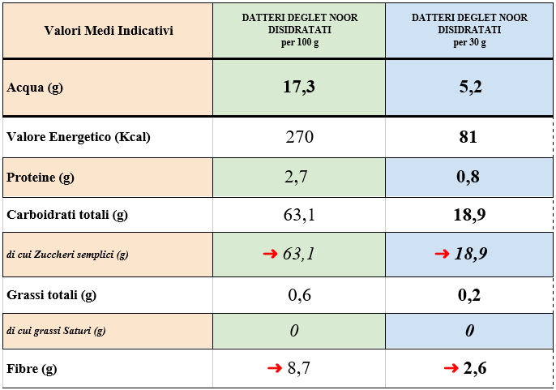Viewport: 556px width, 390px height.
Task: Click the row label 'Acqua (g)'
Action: (x=35, y=88)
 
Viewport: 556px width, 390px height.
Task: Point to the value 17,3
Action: (x=299, y=88)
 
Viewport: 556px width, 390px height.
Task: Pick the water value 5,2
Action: (x=470, y=88)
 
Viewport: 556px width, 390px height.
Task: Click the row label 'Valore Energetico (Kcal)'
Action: (x=79, y=137)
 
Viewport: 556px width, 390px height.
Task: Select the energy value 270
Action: (x=299, y=137)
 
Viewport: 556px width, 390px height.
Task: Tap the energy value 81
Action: (x=468, y=137)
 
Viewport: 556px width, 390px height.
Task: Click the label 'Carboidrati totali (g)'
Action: (x=67, y=215)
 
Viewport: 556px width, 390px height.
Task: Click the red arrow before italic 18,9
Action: (x=442, y=254)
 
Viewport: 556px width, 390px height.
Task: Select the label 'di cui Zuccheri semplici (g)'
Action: (x=67, y=255)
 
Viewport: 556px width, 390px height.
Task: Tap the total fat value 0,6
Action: (x=299, y=295)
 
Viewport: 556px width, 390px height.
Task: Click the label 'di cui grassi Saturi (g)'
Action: (x=56, y=331)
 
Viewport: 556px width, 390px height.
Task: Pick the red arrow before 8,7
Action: (x=275, y=369)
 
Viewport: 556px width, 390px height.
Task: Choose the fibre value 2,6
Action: (x=475, y=369)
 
